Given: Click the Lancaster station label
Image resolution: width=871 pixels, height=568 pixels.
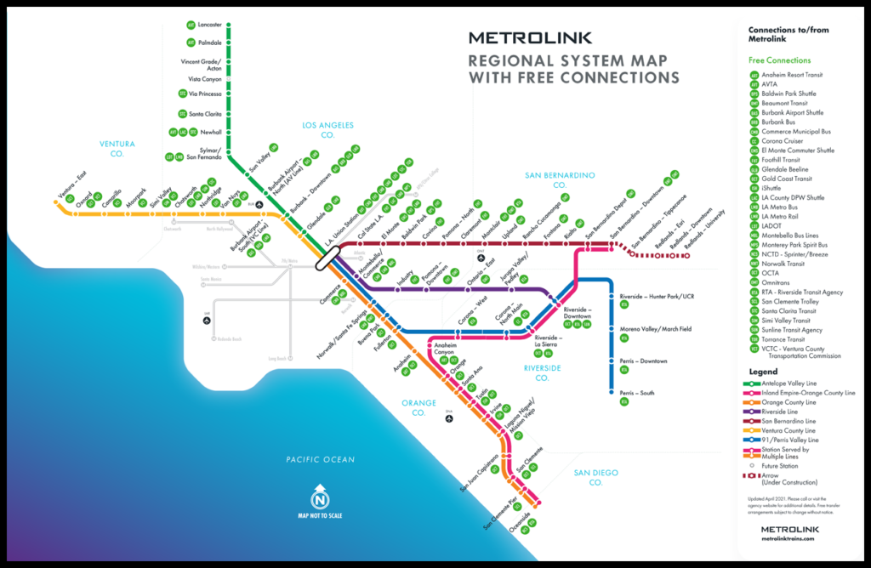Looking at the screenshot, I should (x=209, y=25).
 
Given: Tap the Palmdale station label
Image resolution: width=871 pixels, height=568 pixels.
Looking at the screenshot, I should (x=209, y=43).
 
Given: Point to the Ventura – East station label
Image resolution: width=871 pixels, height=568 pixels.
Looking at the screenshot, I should (x=71, y=187).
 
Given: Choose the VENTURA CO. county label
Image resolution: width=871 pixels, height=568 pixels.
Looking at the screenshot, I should (x=117, y=149).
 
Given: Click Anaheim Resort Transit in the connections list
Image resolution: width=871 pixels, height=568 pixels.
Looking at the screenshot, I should (x=792, y=75).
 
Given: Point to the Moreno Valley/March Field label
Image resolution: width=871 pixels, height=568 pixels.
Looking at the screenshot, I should (x=656, y=329).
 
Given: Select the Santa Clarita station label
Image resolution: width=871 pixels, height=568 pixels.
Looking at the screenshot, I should (x=206, y=113).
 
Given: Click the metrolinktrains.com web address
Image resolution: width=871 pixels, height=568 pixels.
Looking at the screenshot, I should (x=791, y=539).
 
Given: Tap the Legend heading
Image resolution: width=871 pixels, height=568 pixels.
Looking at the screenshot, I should (x=763, y=372).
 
